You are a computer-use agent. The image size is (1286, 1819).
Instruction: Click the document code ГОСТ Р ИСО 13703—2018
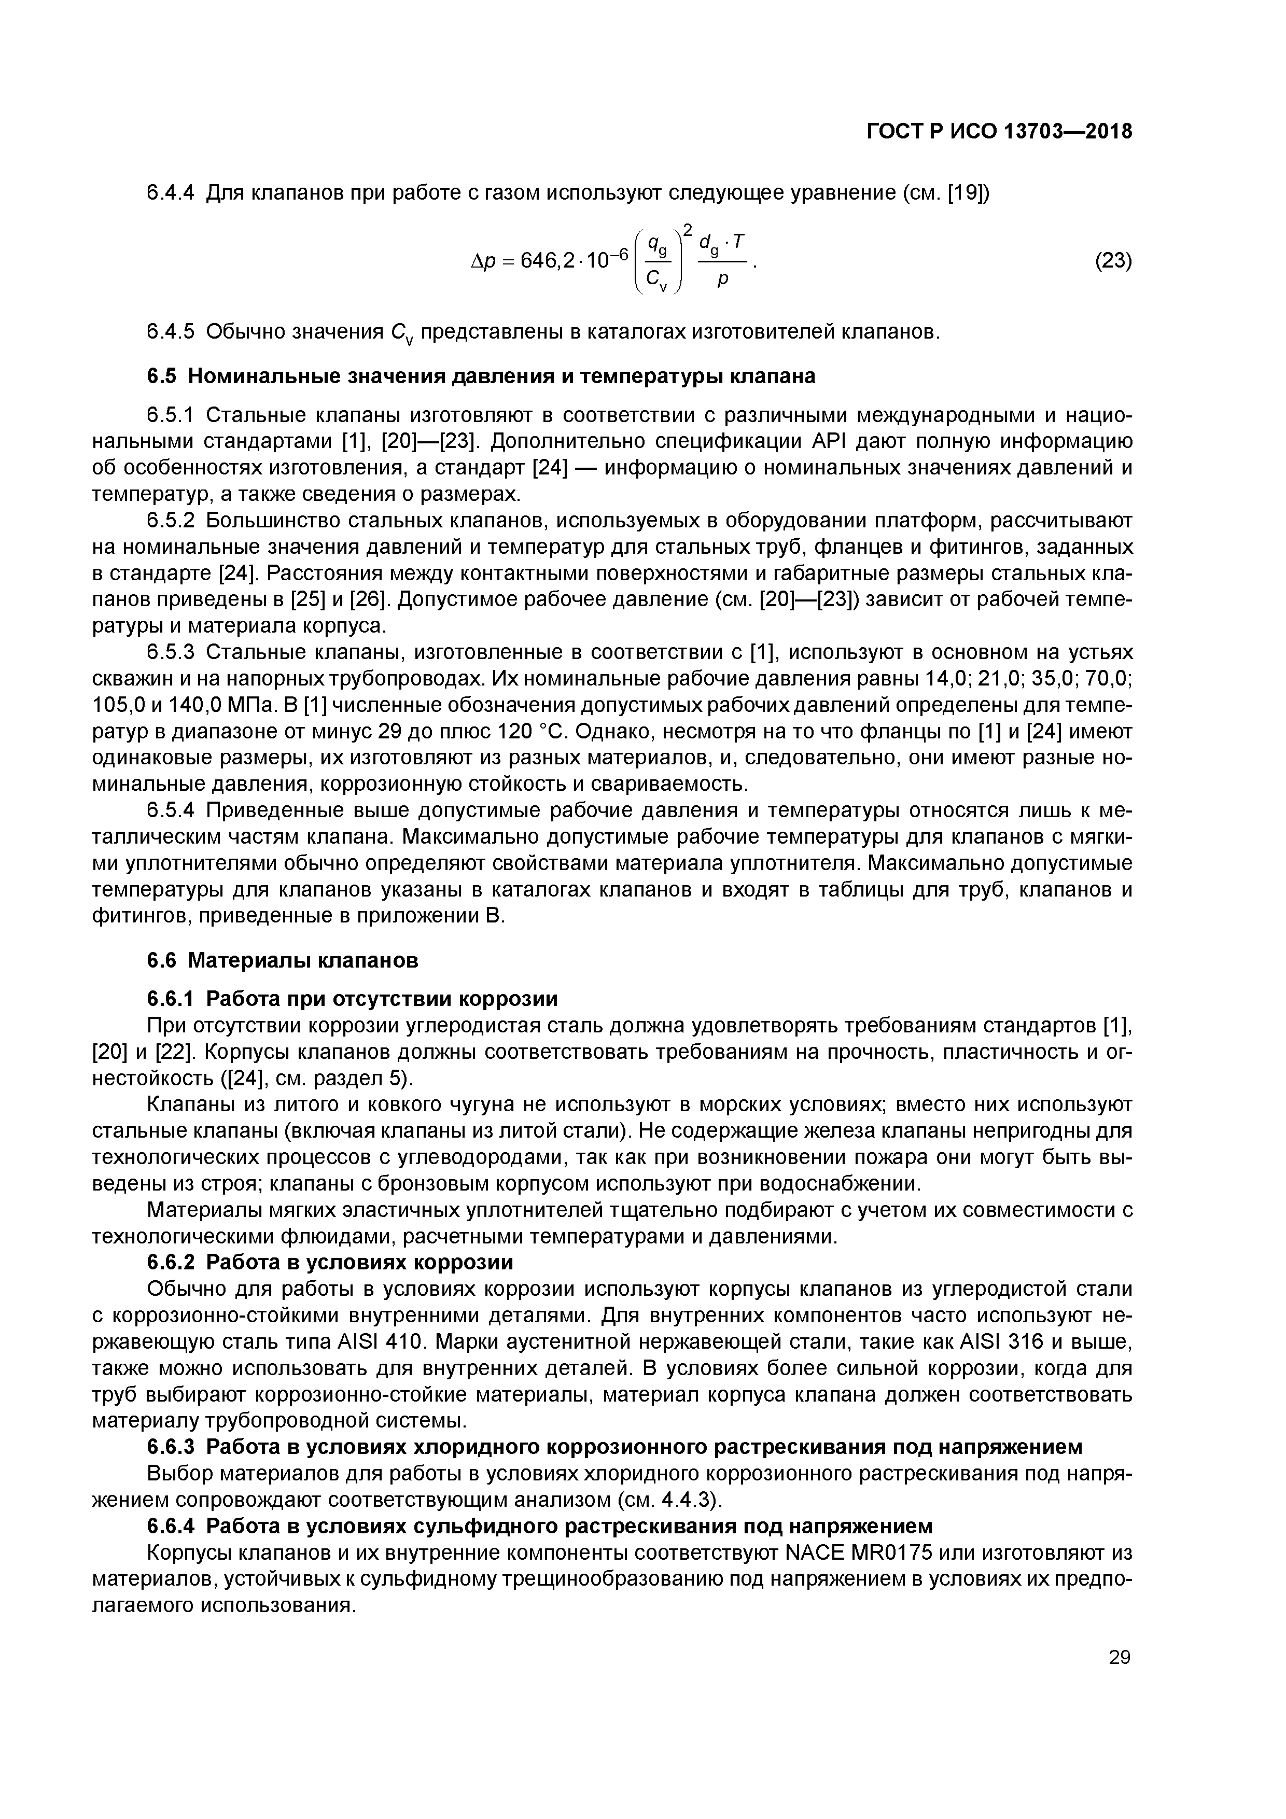[x=998, y=132]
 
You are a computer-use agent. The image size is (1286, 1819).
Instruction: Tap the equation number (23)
[x=1112, y=261]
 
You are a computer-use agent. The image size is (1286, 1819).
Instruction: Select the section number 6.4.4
[x=171, y=192]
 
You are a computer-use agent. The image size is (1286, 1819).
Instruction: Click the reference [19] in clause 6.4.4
[x=968, y=192]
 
